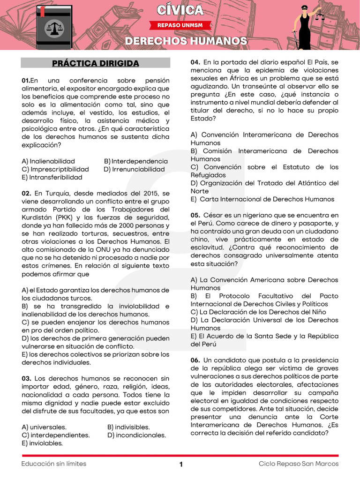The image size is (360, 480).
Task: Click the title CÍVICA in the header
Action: [180, 10]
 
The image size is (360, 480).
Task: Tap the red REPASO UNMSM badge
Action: [180, 25]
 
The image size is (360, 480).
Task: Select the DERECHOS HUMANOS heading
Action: [186, 41]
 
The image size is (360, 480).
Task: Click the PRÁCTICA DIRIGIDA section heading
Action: [96, 63]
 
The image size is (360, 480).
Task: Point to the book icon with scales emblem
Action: [54, 27]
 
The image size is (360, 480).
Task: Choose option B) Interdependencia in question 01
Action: [135, 161]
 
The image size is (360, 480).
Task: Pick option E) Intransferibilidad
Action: [52, 177]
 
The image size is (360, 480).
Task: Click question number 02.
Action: [26, 193]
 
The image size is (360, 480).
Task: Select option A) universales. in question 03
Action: [44, 427]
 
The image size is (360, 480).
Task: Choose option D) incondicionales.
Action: [136, 435]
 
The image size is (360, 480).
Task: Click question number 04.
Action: [195, 62]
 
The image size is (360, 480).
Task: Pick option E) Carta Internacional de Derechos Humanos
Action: [262, 199]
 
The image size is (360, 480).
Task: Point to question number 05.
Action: [195, 215]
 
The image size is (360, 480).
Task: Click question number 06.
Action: [195, 360]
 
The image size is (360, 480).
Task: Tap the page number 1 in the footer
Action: [180, 465]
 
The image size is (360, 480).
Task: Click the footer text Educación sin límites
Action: [54, 464]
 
